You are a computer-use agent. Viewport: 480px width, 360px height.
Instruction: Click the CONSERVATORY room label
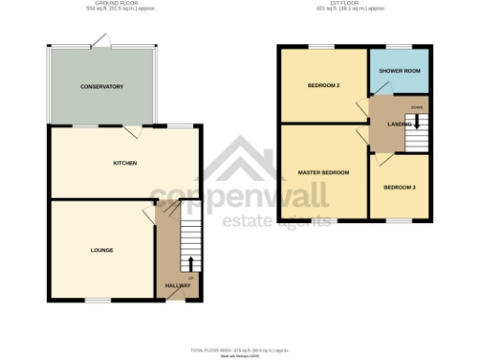click(102, 87)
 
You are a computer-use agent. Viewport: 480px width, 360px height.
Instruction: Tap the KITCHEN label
click(125, 163)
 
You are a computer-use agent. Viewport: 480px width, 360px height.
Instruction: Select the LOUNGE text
click(102, 250)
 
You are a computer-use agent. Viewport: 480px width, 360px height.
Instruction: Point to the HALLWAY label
click(177, 285)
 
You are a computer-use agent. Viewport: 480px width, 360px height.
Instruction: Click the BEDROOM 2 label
click(322, 85)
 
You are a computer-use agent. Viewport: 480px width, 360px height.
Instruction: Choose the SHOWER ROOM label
click(398, 69)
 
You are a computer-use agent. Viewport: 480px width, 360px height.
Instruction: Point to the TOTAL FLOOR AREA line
click(239, 350)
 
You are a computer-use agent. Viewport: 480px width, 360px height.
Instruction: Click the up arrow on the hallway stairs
click(192, 265)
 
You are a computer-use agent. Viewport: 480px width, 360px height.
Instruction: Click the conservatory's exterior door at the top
click(100, 40)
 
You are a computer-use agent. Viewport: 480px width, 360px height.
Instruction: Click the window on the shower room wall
click(399, 45)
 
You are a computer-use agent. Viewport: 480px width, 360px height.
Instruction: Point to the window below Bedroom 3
click(399, 221)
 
